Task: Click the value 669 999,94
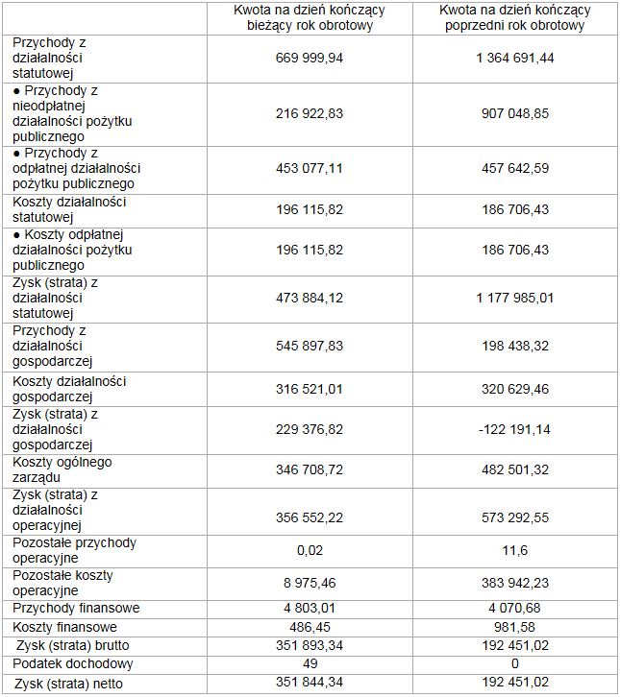(309, 58)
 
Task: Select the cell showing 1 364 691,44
(515, 58)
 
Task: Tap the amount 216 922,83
(309, 113)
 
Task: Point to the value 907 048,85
(515, 113)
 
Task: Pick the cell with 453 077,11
(309, 168)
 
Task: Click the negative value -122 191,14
(515, 429)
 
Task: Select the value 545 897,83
(309, 346)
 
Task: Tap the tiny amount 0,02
(309, 550)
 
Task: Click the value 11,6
(515, 550)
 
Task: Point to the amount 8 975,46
(309, 583)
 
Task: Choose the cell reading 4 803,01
(309, 608)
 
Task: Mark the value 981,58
(515, 626)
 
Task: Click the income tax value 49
(309, 663)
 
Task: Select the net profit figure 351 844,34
(309, 683)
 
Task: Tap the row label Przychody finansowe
(76, 608)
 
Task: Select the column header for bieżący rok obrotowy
(309, 18)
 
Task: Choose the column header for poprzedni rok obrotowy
(515, 18)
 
